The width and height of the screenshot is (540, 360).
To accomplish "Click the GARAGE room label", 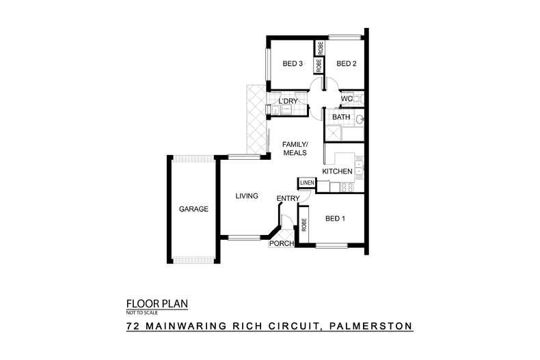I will point(193,209).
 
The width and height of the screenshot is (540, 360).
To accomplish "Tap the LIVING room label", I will point(246,196).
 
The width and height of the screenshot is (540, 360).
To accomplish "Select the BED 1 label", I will point(334,219).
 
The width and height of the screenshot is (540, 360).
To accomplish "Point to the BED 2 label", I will point(347,64).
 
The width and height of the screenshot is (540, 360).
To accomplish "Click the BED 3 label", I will point(293,64).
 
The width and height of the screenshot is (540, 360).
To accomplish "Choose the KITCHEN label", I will point(337,171).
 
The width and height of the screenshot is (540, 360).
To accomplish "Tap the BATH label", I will point(341,117).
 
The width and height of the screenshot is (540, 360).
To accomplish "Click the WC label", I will point(346,99).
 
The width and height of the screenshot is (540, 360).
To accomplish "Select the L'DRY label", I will point(288,102).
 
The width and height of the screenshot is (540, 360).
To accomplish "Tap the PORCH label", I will point(282,243).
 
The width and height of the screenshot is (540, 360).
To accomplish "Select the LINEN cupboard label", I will point(306,183).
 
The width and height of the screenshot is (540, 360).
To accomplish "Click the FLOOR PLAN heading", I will point(157,303).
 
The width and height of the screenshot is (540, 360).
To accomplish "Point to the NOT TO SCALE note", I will point(141,313).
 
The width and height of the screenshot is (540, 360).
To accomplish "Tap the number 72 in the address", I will point(134,327).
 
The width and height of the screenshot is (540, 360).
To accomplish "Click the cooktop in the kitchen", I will point(351,186).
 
